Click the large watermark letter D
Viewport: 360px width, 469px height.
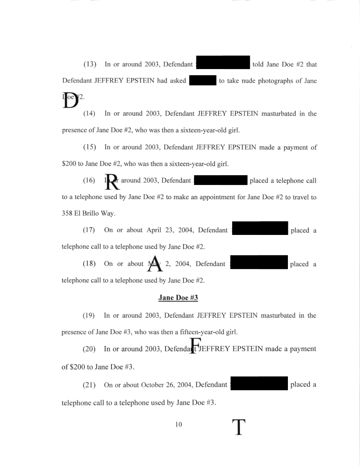coord(71,100)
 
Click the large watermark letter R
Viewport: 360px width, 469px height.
coord(113,181)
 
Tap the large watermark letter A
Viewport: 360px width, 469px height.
coord(155,264)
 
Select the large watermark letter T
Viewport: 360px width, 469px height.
coord(238,427)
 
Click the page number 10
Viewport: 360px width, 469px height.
coord(179,425)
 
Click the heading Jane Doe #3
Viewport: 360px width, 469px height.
coord(178,298)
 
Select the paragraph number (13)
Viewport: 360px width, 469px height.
coord(90,65)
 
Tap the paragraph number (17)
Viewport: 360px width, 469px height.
coord(90,231)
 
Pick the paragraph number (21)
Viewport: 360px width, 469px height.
coord(90,385)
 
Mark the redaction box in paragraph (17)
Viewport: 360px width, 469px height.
coord(260,228)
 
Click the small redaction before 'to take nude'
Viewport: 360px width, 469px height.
coord(202,81)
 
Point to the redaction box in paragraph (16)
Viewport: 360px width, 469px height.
coord(220,180)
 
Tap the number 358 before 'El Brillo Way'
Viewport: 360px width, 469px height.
coord(68,213)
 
